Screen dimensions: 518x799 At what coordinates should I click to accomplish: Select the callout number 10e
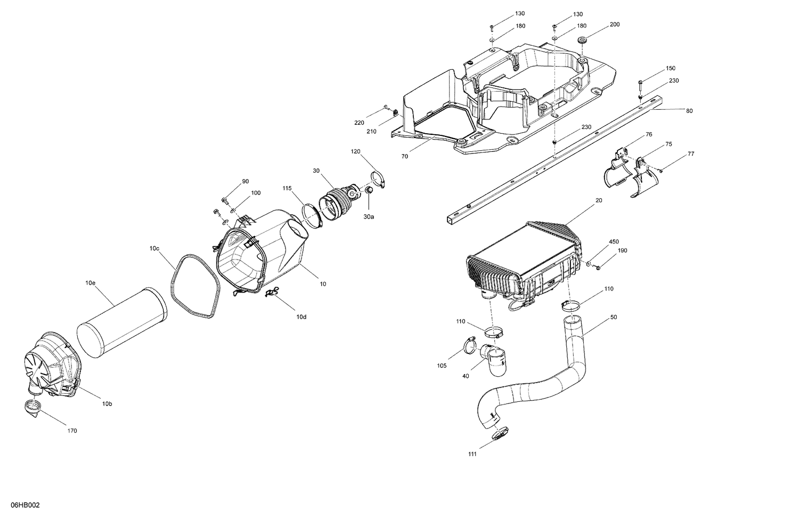click(x=90, y=283)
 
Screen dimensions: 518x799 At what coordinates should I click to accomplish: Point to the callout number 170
click(x=72, y=431)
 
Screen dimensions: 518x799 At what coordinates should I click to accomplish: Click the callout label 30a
click(x=369, y=216)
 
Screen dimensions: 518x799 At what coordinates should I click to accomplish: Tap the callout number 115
click(x=287, y=188)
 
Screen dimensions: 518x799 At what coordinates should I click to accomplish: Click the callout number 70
click(x=405, y=157)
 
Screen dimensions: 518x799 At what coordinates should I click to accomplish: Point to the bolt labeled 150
click(x=640, y=82)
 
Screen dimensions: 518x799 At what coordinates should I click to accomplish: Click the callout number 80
click(x=689, y=111)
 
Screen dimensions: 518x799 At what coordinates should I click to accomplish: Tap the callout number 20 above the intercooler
click(x=599, y=200)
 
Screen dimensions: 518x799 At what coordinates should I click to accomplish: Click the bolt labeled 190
click(x=598, y=266)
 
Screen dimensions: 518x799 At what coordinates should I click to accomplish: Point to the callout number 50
click(x=614, y=317)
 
